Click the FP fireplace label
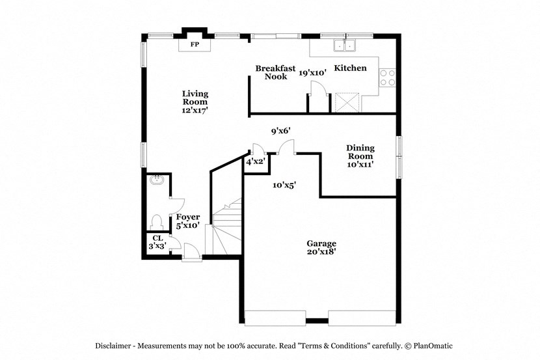194,45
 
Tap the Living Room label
195,98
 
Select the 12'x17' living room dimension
195,111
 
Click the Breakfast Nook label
275,72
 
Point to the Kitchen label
350,68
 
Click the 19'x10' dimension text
312,74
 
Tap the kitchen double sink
344,46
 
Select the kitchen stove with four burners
387,77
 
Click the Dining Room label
359,152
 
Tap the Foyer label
188,217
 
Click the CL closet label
157,238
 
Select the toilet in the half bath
156,220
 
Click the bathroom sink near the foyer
155,180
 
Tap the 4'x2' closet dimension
255,161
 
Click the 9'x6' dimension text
280,131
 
